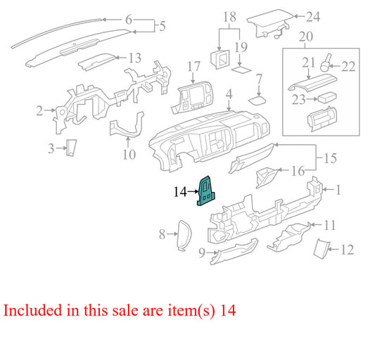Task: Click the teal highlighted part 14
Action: point(205,191)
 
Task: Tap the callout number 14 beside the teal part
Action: point(180,192)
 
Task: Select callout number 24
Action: point(313,17)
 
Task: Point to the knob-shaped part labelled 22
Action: point(326,63)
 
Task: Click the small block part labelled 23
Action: point(327,97)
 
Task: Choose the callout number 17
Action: point(193,67)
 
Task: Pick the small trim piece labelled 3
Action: point(71,148)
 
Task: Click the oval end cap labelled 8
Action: point(184,236)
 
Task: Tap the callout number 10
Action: point(129,155)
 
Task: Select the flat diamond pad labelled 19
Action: point(241,70)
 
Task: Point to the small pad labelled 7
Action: point(258,100)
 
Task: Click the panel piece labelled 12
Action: point(322,248)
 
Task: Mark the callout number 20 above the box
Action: point(306,37)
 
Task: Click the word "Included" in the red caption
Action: point(32,310)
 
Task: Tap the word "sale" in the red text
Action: point(125,311)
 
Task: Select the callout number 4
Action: point(229,94)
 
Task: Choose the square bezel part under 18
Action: point(220,59)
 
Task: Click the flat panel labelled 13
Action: point(97,62)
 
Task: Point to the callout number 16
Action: point(298,171)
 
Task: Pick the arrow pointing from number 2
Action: point(50,110)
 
